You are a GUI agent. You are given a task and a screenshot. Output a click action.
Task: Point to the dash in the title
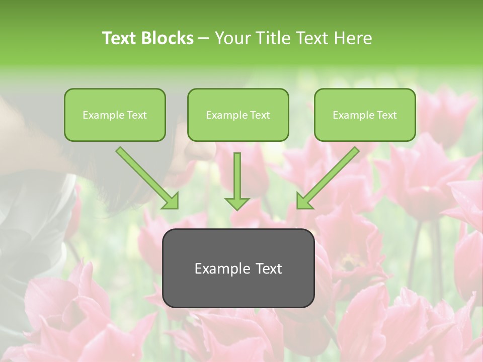tap(204, 39)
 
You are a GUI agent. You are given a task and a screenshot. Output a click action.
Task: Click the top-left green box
tap(115, 115)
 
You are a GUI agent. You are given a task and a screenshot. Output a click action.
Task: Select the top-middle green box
tap(238, 115)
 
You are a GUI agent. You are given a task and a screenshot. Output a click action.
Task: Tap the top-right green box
tap(365, 115)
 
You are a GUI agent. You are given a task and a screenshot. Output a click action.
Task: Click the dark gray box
tap(238, 268)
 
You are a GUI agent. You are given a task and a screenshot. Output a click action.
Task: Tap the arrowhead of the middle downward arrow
tap(237, 203)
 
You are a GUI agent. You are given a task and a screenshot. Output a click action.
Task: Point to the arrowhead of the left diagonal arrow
tap(171, 201)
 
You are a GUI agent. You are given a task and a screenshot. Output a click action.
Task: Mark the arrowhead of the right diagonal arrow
tap(304, 201)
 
